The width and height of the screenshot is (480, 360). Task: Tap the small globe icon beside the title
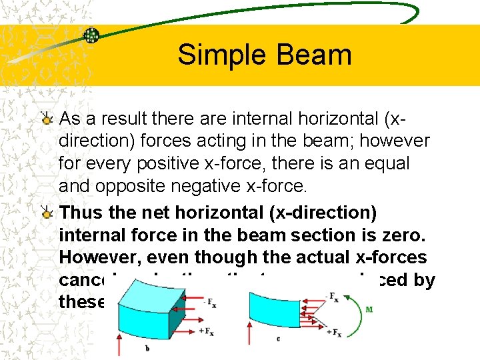click(91, 35)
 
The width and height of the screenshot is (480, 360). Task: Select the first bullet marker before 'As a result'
click(47, 119)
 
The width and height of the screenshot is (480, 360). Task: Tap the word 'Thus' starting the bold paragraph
click(81, 213)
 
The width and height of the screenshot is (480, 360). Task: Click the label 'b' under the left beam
click(146, 347)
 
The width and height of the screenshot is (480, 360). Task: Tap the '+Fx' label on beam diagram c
click(333, 333)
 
